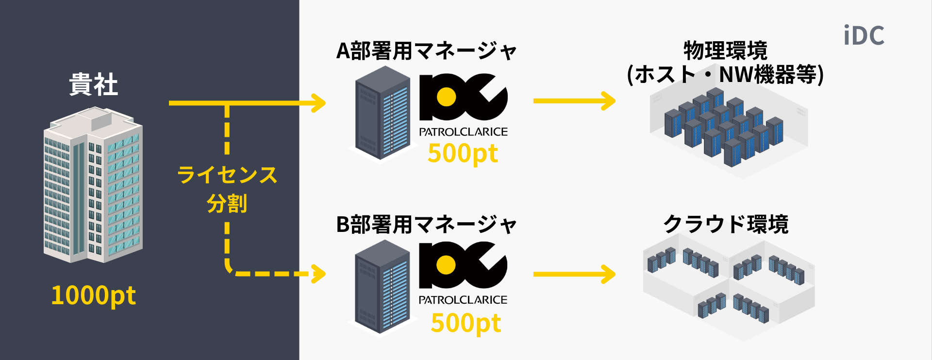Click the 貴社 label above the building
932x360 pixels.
pyautogui.click(x=93, y=84)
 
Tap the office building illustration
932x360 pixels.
pyautogui.click(x=93, y=187)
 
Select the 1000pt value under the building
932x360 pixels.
pyautogui.click(x=93, y=295)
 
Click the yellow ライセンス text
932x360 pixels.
pyautogui.click(x=227, y=175)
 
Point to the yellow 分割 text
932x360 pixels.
pyautogui.click(x=227, y=203)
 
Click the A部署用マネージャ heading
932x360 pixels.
pyautogui.click(x=426, y=51)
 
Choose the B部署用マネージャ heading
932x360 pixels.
pyautogui.click(x=426, y=225)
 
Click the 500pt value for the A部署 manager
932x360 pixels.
pyautogui.click(x=463, y=154)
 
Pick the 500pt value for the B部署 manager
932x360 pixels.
pyautogui.click(x=466, y=323)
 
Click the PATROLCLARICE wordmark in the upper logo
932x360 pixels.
pyautogui.click(x=463, y=132)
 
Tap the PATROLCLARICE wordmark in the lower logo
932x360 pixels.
pyautogui.click(x=463, y=300)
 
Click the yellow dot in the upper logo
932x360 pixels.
pyautogui.click(x=446, y=97)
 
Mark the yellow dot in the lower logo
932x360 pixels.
pyautogui.click(x=446, y=265)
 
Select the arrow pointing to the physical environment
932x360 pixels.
pyautogui.click(x=574, y=101)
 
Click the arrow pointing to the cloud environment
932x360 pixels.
pyautogui.click(x=574, y=274)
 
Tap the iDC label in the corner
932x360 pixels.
pyautogui.click(x=864, y=36)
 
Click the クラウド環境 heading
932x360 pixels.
pyautogui.click(x=726, y=225)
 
